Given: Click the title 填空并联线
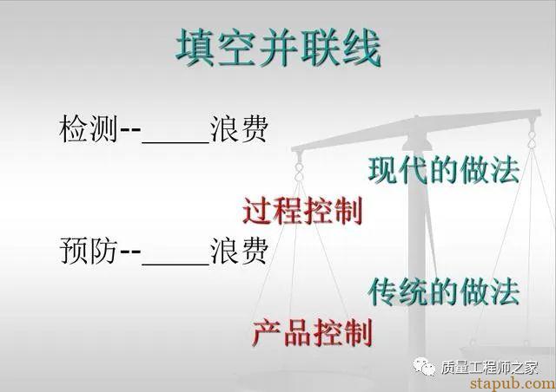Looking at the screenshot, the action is (x=278, y=48).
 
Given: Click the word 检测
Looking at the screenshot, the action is (x=89, y=128).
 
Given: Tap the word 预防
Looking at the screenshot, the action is (x=89, y=251).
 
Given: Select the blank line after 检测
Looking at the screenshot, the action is (x=175, y=142).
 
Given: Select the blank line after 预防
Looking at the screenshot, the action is (x=175, y=264).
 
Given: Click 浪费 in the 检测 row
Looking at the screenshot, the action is (x=239, y=128).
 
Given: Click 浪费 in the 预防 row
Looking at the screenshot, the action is (x=239, y=251).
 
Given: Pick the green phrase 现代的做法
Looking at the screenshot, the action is (x=444, y=170).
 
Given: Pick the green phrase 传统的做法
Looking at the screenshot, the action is (x=444, y=291).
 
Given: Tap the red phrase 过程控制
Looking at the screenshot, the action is (x=303, y=211).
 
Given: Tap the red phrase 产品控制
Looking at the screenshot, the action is (x=313, y=332).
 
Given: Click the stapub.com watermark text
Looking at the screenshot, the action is (x=513, y=383).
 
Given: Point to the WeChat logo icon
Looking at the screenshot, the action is (x=423, y=367).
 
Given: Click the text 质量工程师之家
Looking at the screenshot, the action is (x=490, y=367).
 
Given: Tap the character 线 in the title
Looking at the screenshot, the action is (x=361, y=48).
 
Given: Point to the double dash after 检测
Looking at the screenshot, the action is (x=130, y=129).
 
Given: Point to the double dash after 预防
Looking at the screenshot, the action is (x=130, y=252).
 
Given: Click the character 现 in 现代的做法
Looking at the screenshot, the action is (x=382, y=170).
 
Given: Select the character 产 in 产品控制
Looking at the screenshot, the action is (x=266, y=332).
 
